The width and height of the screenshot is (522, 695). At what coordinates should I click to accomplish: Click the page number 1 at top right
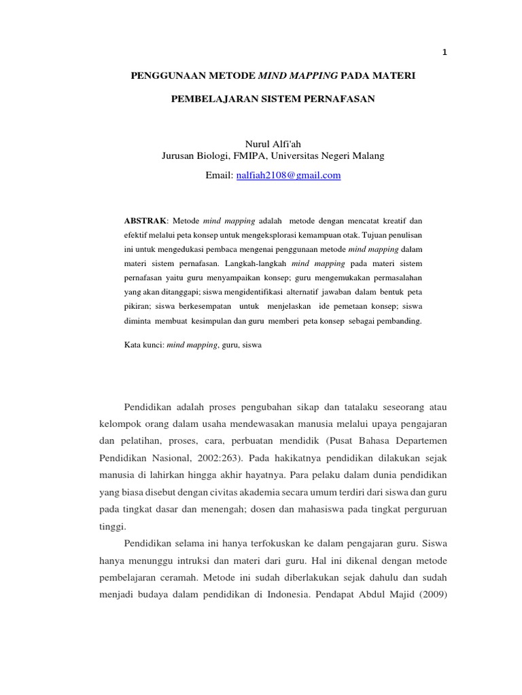[x=445, y=54]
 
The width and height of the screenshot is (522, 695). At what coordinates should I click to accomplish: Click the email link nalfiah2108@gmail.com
[x=288, y=176]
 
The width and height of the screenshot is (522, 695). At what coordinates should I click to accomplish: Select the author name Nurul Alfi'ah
[x=272, y=144]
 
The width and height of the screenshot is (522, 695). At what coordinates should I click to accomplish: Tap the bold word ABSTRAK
[x=145, y=221]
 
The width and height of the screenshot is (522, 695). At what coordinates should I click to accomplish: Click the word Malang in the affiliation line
[x=368, y=156]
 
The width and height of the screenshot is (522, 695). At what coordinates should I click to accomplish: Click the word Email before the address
[x=218, y=176]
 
